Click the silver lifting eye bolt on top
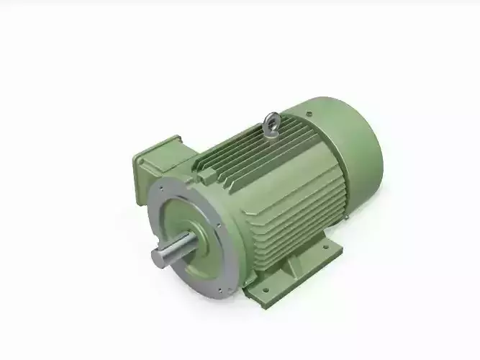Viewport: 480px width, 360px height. point(272,125)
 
